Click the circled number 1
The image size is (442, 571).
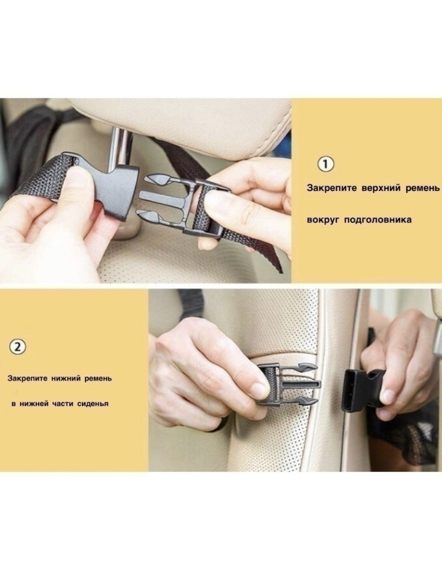(326, 164)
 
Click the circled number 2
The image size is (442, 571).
(18, 346)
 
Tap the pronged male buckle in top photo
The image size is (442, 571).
(182, 206)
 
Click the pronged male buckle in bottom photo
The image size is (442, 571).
(288, 384)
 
